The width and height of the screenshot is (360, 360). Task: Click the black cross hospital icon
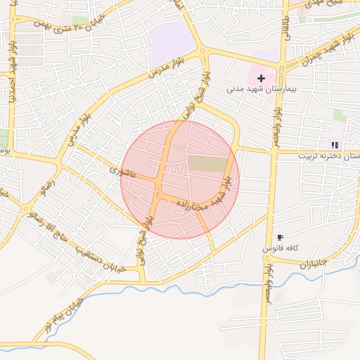tap(262, 78)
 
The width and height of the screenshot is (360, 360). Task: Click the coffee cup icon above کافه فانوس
tap(281, 238)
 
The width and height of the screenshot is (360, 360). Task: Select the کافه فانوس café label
tap(281, 249)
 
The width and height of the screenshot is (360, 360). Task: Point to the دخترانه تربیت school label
tap(330, 155)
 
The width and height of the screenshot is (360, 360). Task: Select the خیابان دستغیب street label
tap(100, 257)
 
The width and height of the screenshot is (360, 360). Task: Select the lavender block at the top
tap(172, 37)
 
